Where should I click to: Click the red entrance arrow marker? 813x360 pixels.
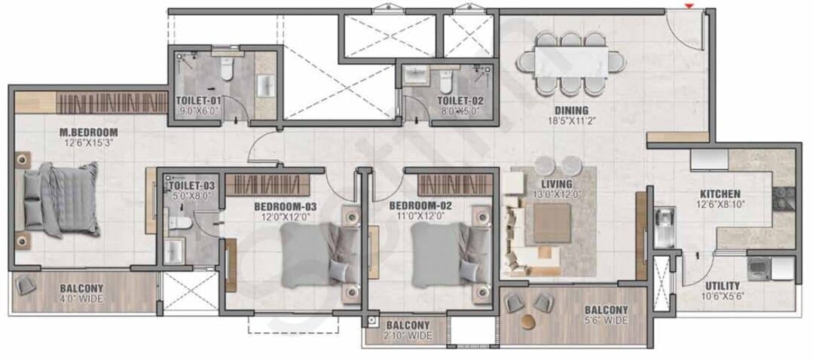(x=689, y=6)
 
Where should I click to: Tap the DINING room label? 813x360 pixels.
(x=571, y=110)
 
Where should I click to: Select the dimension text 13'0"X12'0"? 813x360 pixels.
(x=556, y=194)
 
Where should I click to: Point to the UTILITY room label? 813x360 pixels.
(x=723, y=286)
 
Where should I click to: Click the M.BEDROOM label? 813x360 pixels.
(x=89, y=132)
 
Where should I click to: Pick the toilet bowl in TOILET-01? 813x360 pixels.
(x=227, y=69)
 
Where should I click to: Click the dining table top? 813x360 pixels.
(x=571, y=63)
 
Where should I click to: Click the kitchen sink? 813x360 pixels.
(x=665, y=227)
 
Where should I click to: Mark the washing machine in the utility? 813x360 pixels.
(x=758, y=269)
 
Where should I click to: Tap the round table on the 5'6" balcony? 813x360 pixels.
(x=529, y=321)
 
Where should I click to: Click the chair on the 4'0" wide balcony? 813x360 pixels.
(x=24, y=285)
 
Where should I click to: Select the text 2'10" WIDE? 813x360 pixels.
(x=408, y=336)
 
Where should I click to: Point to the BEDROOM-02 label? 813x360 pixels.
(x=420, y=206)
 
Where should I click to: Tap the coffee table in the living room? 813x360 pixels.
(x=552, y=223)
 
